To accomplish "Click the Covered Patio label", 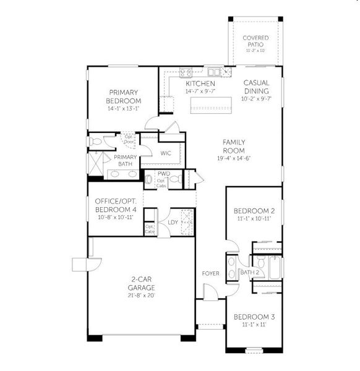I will pyautogui.click(x=255, y=41).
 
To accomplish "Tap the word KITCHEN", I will pyautogui.click(x=200, y=83).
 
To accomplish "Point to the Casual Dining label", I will pyautogui.click(x=255, y=87).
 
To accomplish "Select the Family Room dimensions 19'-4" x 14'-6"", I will pyautogui.click(x=234, y=158).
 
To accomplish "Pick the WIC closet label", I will pyautogui.click(x=166, y=153).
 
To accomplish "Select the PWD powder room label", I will pyautogui.click(x=163, y=174).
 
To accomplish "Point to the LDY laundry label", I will pyautogui.click(x=173, y=222).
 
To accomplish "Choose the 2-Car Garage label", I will pyautogui.click(x=142, y=284).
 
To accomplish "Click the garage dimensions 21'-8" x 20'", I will pyautogui.click(x=142, y=296).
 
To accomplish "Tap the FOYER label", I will pyautogui.click(x=210, y=273).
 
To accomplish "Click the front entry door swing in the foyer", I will pyautogui.click(x=210, y=291).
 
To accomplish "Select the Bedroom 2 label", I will pyautogui.click(x=254, y=211).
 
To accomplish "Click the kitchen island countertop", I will pyautogui.click(x=212, y=109).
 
